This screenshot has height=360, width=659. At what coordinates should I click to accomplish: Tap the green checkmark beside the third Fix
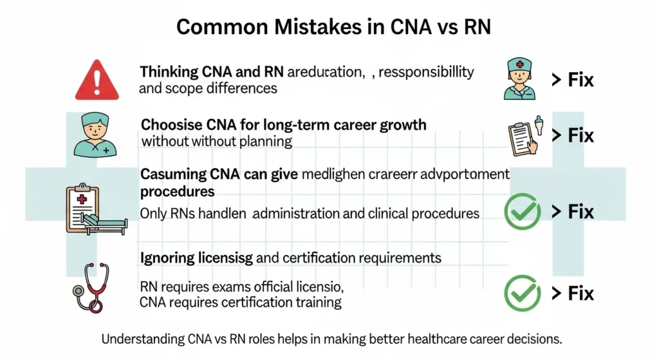(x=523, y=211)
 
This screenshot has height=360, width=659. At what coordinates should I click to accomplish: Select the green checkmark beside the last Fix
(x=523, y=292)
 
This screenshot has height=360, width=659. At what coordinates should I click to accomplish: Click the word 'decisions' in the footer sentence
(x=530, y=338)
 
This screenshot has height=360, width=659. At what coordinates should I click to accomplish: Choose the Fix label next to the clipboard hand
(x=573, y=136)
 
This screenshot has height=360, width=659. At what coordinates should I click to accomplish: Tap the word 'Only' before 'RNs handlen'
(x=153, y=213)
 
